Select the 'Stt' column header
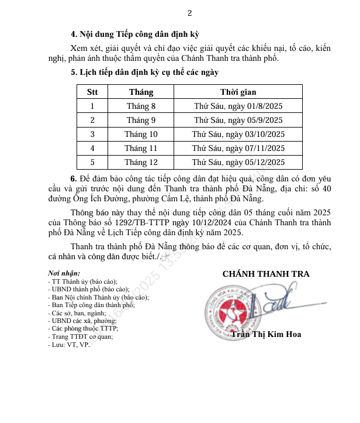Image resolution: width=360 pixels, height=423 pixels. pos(92,92)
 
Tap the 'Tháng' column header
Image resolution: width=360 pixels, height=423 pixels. pos(141,92)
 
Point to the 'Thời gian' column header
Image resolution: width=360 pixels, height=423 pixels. pos(238,92)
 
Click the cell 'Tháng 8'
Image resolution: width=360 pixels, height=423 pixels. pos(141,106)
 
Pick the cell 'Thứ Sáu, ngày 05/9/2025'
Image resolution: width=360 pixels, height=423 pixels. pos(238,120)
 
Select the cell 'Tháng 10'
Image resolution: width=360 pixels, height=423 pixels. pos(141,134)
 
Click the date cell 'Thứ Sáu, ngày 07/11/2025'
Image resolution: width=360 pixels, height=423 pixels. pos(238,148)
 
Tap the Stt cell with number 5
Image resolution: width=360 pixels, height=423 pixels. pos(92,162)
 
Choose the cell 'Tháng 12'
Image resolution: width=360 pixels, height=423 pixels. pos(141,162)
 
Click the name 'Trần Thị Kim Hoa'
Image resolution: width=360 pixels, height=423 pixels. pos(266,335)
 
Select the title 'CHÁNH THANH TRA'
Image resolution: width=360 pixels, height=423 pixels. pos(266,274)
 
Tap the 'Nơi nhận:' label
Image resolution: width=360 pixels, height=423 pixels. pos(64,273)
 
